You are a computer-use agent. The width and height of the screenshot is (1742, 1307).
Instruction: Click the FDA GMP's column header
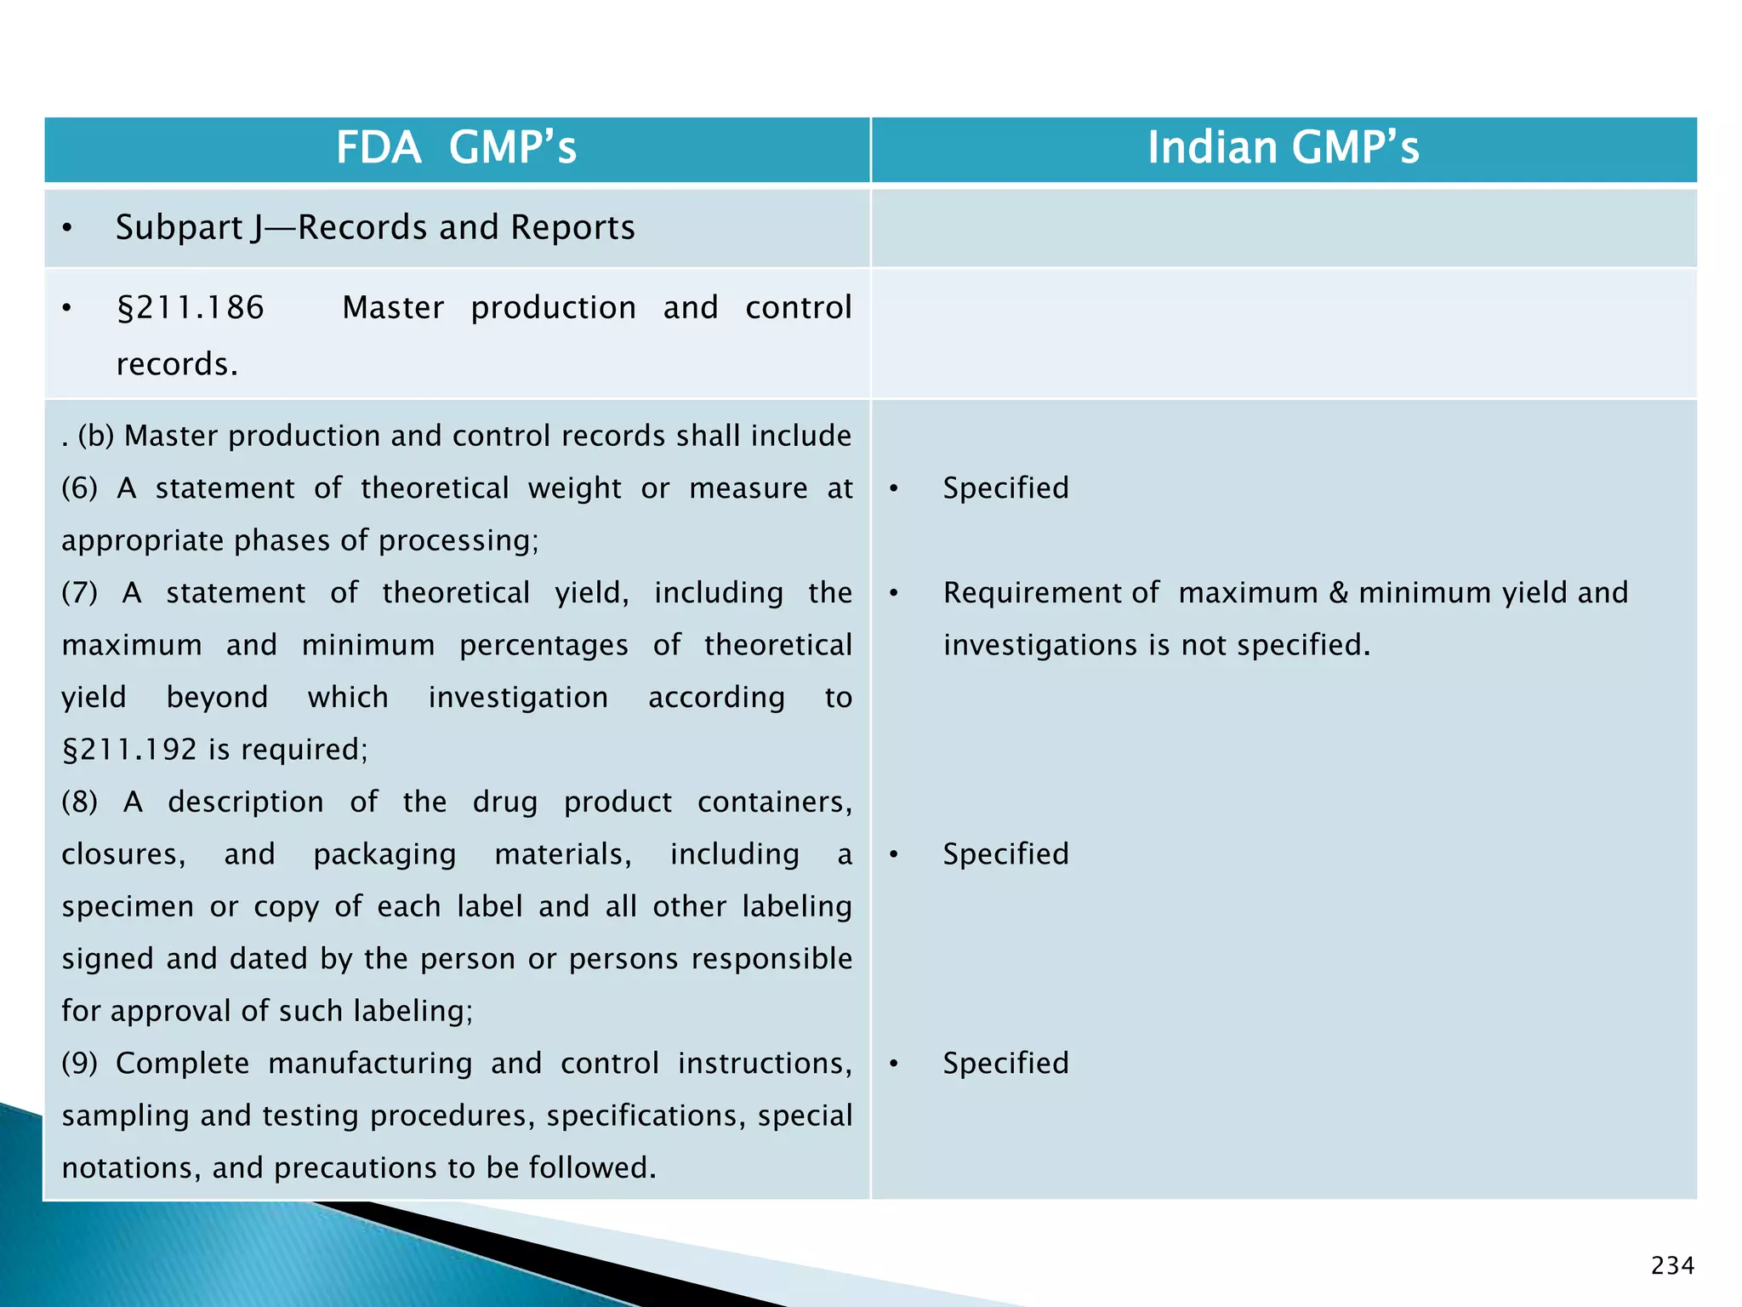point(456,147)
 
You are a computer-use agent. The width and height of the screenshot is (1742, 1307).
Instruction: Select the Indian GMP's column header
point(1283,147)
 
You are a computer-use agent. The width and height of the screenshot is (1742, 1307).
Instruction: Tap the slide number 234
point(1671,1266)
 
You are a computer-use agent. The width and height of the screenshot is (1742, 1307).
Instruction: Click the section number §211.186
point(191,308)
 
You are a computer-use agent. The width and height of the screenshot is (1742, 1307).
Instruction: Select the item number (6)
point(79,488)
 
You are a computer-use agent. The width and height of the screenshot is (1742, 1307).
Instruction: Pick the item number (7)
point(79,593)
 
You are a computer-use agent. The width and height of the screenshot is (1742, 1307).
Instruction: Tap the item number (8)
point(79,802)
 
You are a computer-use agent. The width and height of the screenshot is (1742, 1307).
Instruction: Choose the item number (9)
point(79,1064)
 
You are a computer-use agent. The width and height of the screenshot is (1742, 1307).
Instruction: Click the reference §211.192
point(129,750)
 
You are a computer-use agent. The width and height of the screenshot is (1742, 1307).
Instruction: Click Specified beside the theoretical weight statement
point(1005,488)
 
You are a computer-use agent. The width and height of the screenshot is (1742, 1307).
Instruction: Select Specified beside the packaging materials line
point(1005,854)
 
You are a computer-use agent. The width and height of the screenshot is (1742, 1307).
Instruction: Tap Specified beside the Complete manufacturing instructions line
point(1005,1064)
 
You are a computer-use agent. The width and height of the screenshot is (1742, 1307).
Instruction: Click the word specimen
point(128,907)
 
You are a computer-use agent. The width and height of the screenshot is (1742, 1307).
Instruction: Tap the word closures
point(122,854)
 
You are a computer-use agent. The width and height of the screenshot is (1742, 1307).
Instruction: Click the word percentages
point(544,646)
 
